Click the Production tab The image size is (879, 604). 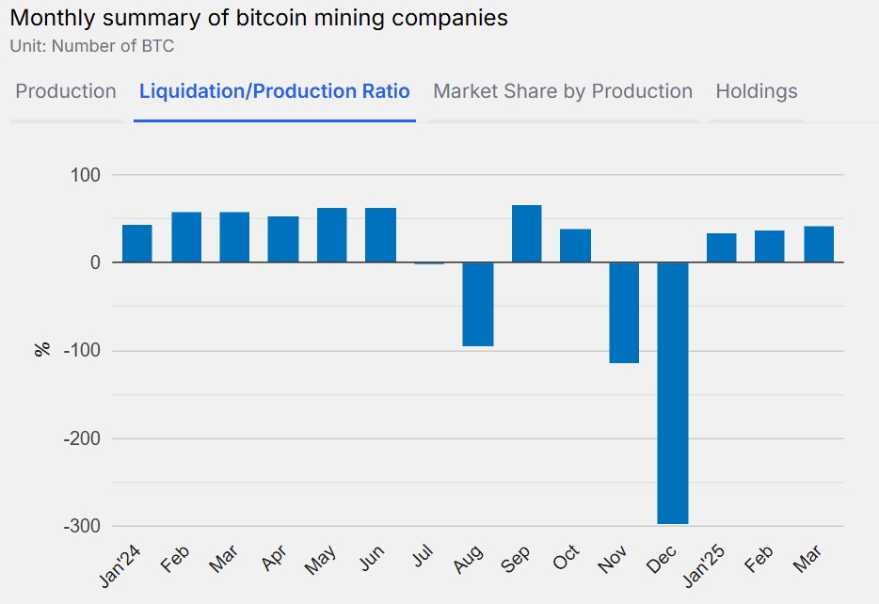coord(66,91)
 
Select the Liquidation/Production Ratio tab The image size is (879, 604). coord(274,91)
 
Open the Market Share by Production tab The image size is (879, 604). coord(563,91)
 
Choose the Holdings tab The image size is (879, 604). coord(756,91)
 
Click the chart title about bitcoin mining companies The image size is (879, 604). coord(259,18)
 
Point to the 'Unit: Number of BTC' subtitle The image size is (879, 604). coord(91,45)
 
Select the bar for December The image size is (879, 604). coord(673,392)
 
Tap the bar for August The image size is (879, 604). coord(478,304)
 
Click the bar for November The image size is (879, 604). coord(624,312)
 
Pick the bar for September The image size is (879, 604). coord(526,234)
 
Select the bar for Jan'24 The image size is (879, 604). coord(137,244)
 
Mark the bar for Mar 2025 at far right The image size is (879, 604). coord(819,245)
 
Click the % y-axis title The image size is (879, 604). coord(41,350)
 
